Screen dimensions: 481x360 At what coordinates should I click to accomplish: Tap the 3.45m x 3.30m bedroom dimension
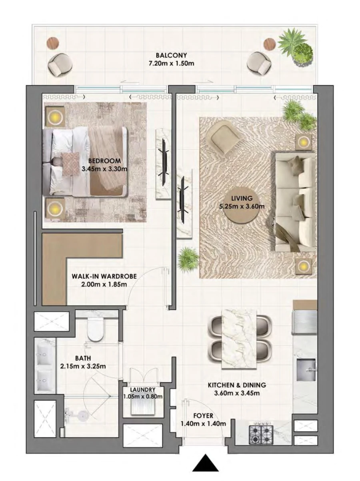click(x=104, y=169)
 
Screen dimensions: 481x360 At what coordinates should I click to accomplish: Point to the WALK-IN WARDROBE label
click(x=104, y=276)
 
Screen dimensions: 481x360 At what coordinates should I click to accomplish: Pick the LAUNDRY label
click(x=142, y=390)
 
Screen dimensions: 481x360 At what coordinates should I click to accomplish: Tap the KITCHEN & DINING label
click(x=236, y=385)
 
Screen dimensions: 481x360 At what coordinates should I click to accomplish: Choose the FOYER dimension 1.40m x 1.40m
click(x=203, y=423)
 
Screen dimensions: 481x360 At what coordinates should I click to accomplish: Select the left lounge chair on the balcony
click(x=60, y=64)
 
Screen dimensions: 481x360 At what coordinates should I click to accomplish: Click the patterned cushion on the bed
click(x=71, y=164)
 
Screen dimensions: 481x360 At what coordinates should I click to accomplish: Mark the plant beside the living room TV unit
click(x=188, y=259)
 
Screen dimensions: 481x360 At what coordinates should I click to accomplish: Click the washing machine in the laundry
click(x=142, y=407)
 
